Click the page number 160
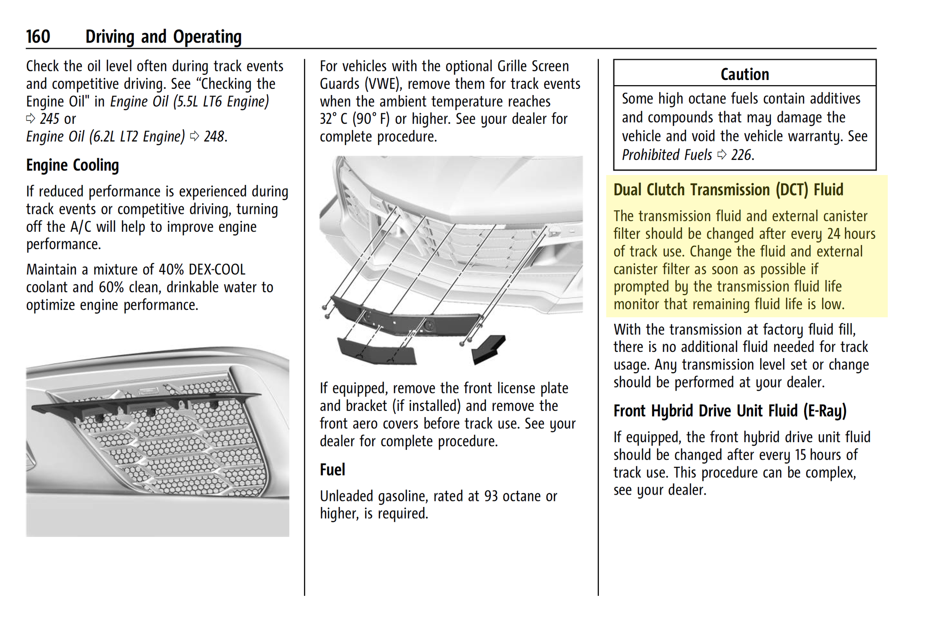38,37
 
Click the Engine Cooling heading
72,166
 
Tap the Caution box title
745,74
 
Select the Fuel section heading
332,470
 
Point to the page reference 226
741,155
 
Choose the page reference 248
214,137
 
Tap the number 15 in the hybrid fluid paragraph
800,455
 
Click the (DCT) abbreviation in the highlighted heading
792,190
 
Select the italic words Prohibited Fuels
666,155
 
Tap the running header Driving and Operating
163,37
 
